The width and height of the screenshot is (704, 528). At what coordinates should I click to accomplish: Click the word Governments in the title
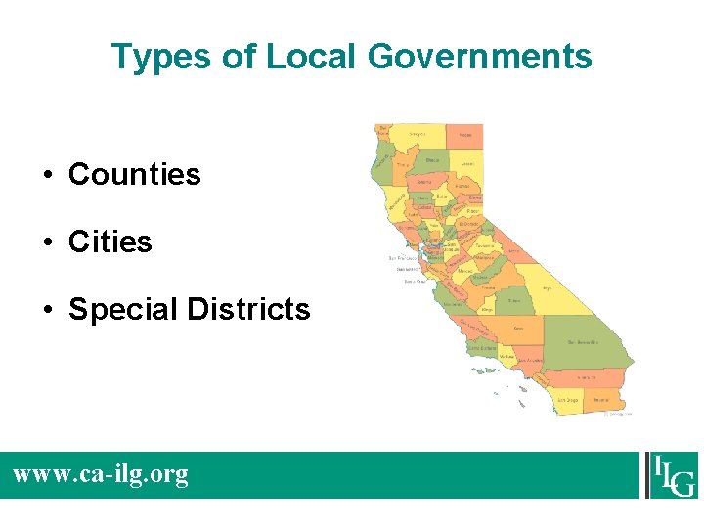pos(479,57)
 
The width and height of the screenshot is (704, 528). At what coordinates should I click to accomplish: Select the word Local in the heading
pos(311,57)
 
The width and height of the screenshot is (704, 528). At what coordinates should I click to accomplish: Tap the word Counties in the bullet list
pos(134,175)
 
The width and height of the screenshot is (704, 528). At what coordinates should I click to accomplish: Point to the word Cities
pos(110,242)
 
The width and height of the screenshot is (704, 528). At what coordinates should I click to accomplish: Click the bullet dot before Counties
pos(47,176)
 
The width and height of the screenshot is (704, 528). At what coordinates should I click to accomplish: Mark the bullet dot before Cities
pos(47,242)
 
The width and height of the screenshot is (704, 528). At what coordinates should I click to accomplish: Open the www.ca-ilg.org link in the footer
pos(100,475)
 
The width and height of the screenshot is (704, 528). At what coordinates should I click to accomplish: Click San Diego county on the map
pos(568,399)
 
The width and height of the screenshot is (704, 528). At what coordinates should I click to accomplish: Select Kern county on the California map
pos(517,329)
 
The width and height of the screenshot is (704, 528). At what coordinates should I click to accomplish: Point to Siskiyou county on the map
pos(418,134)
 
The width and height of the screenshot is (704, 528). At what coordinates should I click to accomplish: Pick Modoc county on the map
pos(465,135)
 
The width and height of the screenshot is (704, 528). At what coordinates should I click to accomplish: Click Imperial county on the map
pos(601,399)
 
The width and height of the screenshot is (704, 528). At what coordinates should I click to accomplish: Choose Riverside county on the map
pos(587,377)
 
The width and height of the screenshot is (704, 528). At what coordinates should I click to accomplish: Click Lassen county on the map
pos(467,164)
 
